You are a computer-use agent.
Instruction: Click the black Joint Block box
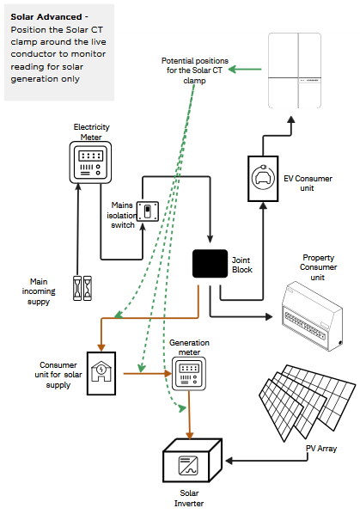click(x=210, y=264)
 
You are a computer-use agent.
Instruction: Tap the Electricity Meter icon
click(x=90, y=162)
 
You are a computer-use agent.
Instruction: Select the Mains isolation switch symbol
click(x=148, y=211)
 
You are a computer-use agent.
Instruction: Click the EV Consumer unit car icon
click(x=263, y=178)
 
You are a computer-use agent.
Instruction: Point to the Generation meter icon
click(x=189, y=374)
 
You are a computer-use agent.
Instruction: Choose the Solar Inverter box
click(x=192, y=461)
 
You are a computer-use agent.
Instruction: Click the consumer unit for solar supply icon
click(x=101, y=373)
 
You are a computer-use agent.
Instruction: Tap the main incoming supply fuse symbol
click(x=82, y=288)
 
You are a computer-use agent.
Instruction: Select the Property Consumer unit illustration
click(x=312, y=316)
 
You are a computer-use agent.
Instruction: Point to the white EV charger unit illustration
click(x=295, y=70)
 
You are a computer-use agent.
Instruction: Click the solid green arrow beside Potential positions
click(x=245, y=69)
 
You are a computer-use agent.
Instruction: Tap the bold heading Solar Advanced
click(x=46, y=16)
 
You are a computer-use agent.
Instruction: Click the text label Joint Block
click(x=242, y=265)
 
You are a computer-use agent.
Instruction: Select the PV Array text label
click(x=321, y=449)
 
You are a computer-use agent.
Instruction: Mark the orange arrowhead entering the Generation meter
click(x=168, y=373)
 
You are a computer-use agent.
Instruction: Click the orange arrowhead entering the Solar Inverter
click(x=189, y=435)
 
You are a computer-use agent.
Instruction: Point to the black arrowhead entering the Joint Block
click(x=210, y=239)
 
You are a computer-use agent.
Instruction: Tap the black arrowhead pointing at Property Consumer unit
click(x=269, y=316)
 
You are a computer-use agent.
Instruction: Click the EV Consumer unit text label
click(x=308, y=183)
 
